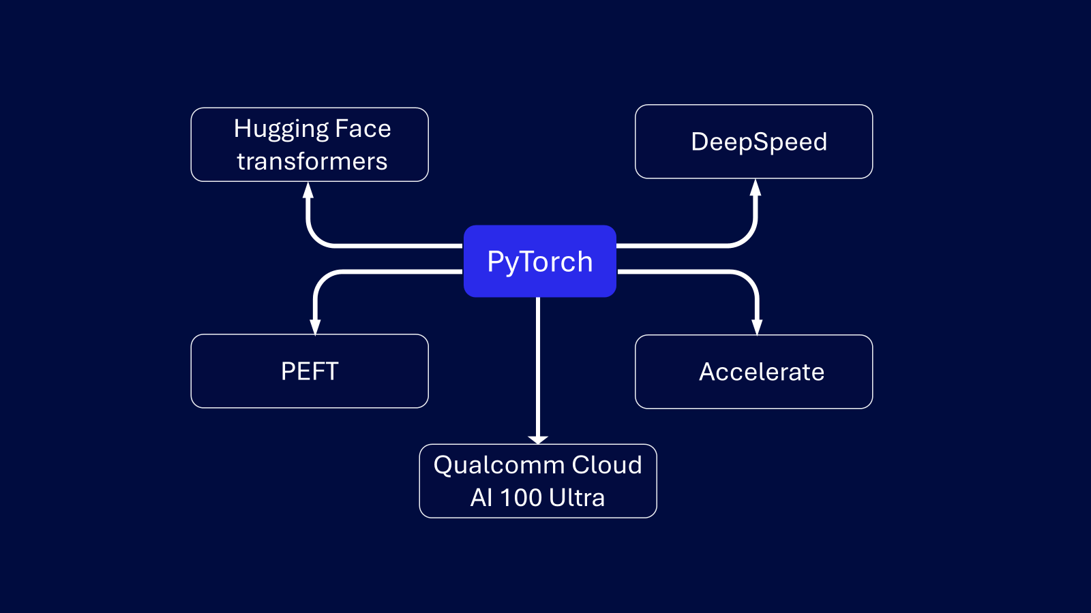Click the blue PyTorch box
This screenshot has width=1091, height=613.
click(539, 262)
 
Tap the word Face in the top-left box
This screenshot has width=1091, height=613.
click(363, 129)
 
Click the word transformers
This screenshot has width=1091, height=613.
click(312, 162)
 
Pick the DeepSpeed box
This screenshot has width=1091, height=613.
click(753, 142)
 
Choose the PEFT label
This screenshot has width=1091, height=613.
click(310, 371)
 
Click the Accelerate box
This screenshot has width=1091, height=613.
click(753, 372)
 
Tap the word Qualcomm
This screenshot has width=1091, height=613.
click(499, 466)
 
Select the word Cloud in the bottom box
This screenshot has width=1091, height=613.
click(607, 465)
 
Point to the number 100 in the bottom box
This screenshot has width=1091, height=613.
click(521, 498)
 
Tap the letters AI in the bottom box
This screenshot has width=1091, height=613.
click(481, 498)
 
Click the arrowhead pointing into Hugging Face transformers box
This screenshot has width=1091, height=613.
click(308, 190)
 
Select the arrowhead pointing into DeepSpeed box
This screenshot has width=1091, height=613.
click(755, 188)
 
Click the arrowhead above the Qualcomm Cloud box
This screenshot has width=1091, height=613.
click(538, 439)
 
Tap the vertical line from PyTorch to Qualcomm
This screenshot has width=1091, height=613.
click(538, 368)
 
